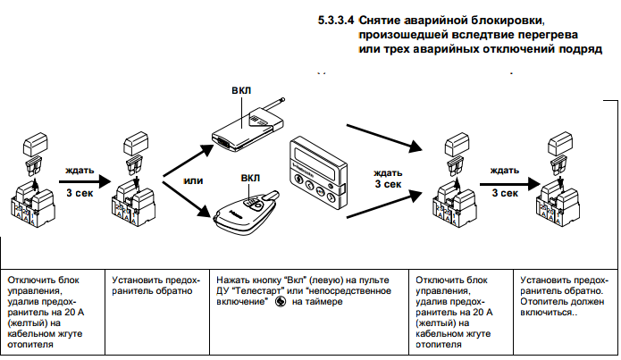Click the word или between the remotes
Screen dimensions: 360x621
pyautogui.click(x=193, y=180)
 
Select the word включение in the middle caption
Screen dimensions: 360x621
pyautogui.click(x=241, y=303)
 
